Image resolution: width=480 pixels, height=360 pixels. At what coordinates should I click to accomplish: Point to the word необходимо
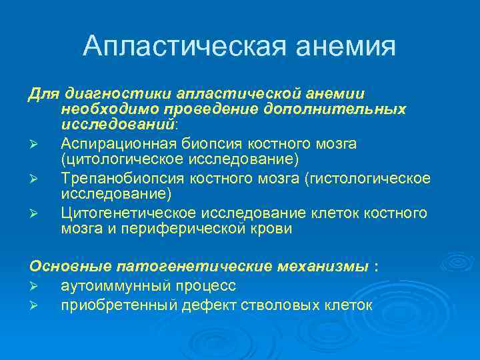[101, 108]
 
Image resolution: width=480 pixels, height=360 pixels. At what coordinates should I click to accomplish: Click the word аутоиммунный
[107, 286]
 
